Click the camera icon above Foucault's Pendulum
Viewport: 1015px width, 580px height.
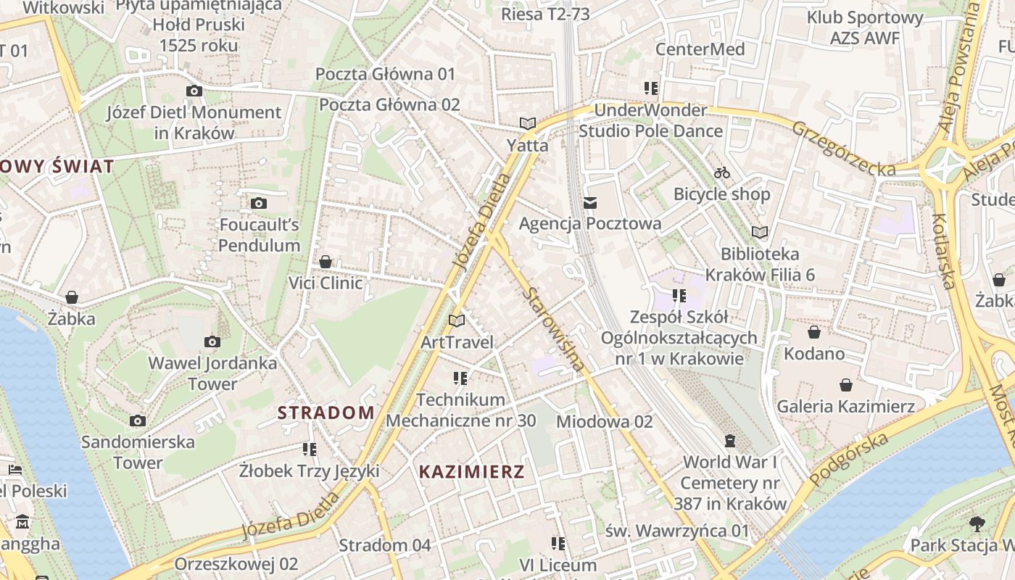(258, 203)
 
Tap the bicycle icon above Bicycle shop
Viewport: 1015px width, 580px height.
(721, 173)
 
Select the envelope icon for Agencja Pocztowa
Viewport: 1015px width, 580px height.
(590, 202)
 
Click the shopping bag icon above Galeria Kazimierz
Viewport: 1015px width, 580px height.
(845, 384)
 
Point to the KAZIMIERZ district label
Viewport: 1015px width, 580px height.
(471, 472)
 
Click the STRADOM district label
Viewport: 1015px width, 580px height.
(326, 413)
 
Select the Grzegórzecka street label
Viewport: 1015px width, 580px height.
(843, 149)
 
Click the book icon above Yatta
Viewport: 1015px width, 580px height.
(528, 124)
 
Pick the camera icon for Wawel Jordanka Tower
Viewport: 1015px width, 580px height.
(212, 341)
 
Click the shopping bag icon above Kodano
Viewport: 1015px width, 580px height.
(814, 332)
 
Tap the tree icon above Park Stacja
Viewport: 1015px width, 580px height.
(977, 523)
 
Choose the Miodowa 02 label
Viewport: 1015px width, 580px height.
(605, 421)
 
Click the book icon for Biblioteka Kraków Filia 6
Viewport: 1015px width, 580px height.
(760, 232)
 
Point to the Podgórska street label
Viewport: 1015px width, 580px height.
(849, 460)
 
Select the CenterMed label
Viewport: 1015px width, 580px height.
(700, 49)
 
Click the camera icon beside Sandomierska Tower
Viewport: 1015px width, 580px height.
(138, 420)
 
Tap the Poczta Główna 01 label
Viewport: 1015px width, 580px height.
(385, 74)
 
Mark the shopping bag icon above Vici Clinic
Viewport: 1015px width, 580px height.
(326, 261)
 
